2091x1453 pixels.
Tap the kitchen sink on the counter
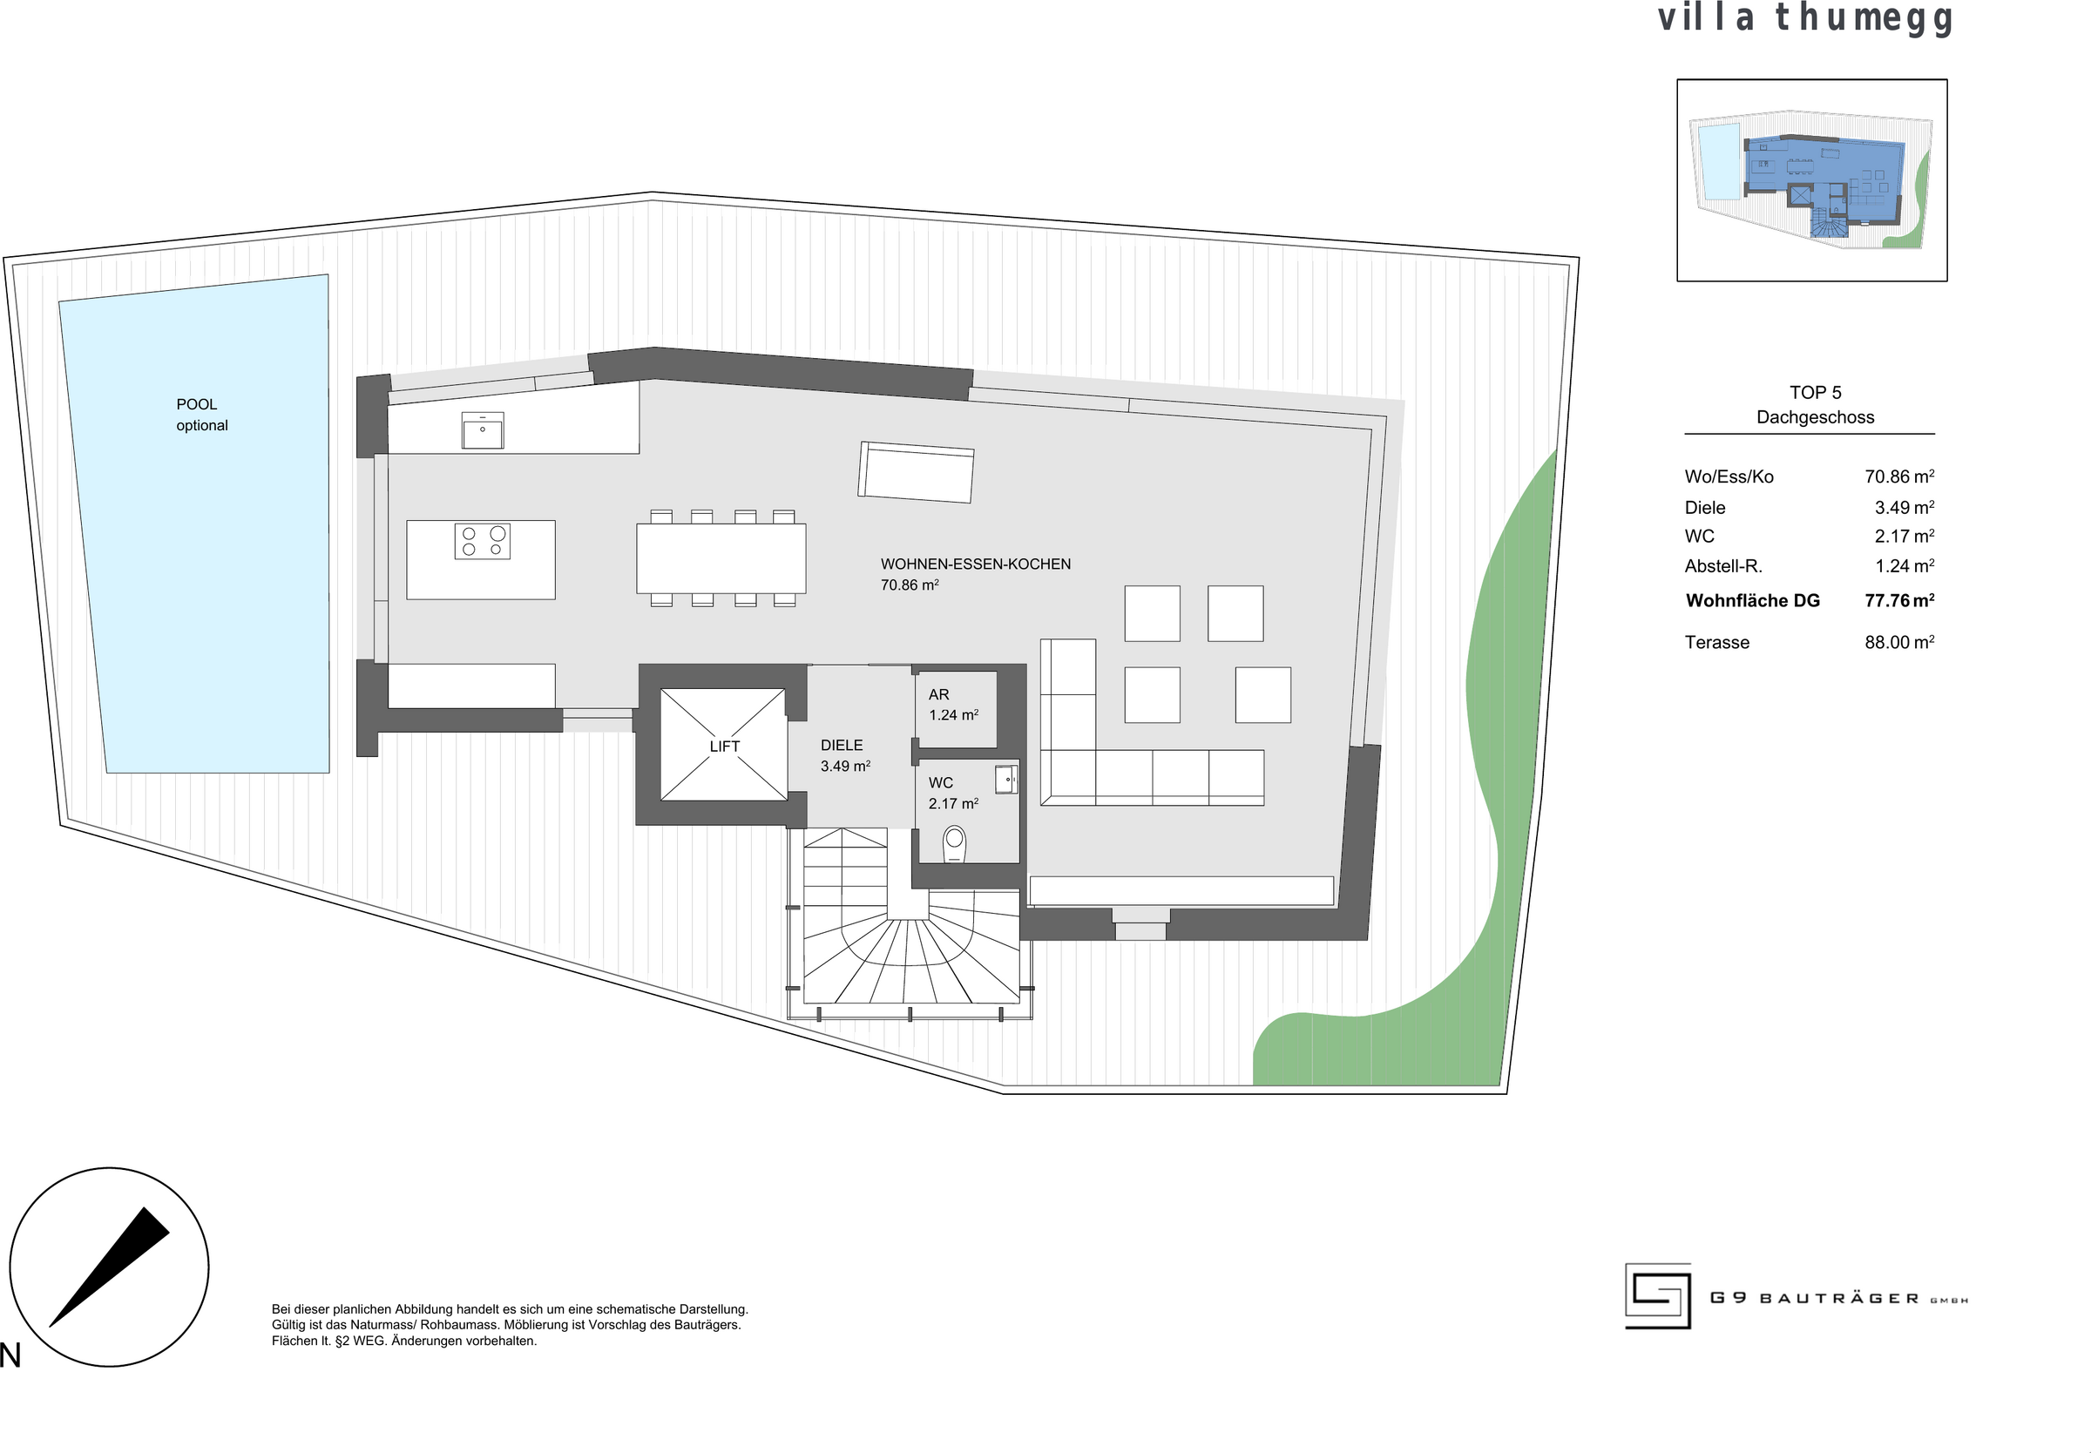point(482,430)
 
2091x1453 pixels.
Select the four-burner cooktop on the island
point(483,542)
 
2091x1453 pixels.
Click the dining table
point(721,558)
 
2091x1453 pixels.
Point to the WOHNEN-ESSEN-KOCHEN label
point(975,564)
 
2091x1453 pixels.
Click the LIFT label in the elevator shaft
point(725,747)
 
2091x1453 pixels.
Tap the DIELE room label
point(841,746)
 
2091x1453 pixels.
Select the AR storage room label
point(938,694)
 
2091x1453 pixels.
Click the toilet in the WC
point(954,844)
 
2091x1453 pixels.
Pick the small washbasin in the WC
point(1006,780)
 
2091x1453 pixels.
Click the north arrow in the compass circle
point(109,1267)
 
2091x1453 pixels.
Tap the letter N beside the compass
point(10,1355)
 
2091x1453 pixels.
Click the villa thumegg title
point(1805,19)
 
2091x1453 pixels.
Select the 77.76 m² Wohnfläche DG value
point(1899,600)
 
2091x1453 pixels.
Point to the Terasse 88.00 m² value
point(1899,642)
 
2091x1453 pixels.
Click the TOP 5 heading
point(1815,392)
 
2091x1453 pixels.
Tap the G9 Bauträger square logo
point(1658,1295)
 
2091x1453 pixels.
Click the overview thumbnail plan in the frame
point(1811,180)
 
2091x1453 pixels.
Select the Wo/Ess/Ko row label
point(1729,477)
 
